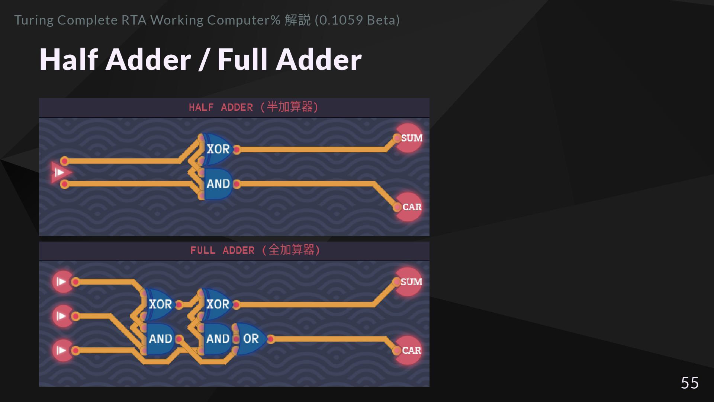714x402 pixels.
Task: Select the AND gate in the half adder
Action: click(x=218, y=184)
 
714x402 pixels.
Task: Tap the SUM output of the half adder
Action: click(x=409, y=138)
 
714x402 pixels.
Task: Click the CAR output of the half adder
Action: click(x=409, y=207)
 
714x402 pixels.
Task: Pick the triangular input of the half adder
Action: click(x=60, y=172)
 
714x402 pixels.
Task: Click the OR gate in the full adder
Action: click(x=251, y=339)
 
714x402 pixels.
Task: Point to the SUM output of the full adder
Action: click(x=409, y=282)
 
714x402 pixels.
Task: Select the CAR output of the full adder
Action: click(x=409, y=350)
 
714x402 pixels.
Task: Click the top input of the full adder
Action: click(x=62, y=282)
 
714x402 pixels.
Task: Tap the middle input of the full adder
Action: click(x=62, y=316)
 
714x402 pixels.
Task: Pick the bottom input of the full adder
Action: click(x=62, y=350)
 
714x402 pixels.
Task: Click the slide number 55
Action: click(x=689, y=383)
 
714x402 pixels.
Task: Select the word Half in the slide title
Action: click(x=69, y=60)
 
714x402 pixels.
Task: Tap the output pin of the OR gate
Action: click(x=271, y=339)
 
